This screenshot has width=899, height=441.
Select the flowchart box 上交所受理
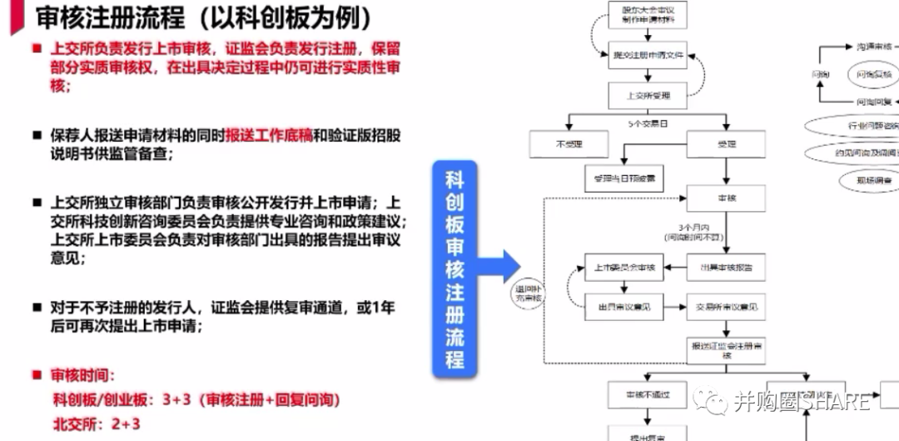(648, 95)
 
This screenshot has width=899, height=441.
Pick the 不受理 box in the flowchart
(569, 144)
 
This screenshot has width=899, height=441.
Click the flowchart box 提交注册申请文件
(648, 56)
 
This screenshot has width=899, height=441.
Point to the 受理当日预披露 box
(624, 177)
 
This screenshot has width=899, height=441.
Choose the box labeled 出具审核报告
(725, 267)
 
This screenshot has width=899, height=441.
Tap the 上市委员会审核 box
(624, 267)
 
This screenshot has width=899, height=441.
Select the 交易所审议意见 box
(725, 307)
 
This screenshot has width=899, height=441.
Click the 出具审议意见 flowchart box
(624, 307)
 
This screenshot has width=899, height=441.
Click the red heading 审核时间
(83, 376)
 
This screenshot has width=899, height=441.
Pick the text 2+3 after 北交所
(127, 424)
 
